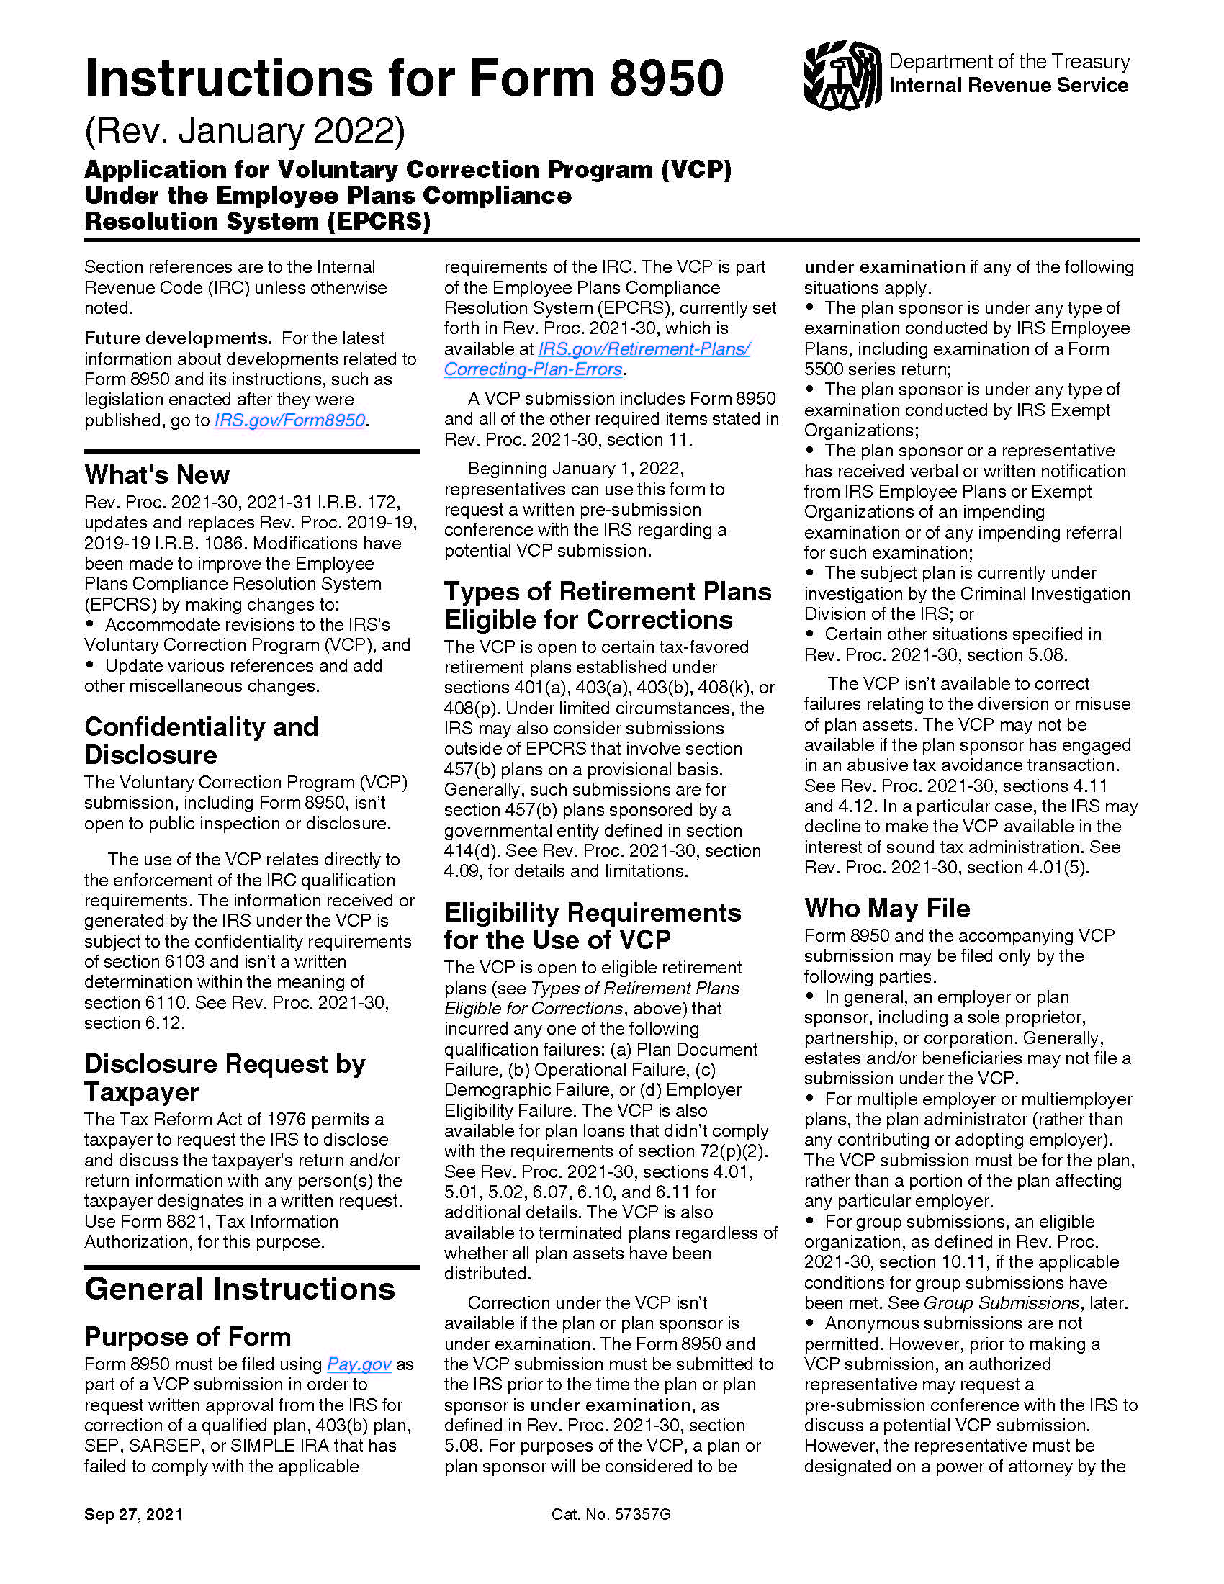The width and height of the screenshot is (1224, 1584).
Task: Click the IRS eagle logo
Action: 842,75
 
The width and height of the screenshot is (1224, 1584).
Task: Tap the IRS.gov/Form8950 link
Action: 289,420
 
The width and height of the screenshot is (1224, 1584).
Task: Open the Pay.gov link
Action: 359,1364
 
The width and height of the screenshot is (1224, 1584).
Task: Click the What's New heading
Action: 158,475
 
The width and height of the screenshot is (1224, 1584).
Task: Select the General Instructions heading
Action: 239,1290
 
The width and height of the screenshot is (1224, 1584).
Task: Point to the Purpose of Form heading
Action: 188,1337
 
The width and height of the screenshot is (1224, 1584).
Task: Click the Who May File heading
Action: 887,908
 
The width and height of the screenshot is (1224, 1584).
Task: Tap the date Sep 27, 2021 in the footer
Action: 133,1514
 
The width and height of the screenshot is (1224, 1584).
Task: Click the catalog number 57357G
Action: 642,1514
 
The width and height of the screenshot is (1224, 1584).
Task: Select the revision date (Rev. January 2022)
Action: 245,131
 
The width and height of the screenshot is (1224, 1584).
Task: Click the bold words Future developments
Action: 178,338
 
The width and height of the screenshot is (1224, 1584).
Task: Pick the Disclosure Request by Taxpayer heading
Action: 225,1078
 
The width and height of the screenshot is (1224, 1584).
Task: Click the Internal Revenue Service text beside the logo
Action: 1008,86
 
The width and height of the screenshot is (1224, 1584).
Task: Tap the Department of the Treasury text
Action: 1009,62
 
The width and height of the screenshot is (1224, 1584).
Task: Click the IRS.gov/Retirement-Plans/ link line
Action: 644,349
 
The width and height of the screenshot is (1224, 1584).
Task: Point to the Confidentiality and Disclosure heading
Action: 201,740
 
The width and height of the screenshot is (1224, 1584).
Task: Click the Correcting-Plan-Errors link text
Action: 533,369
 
